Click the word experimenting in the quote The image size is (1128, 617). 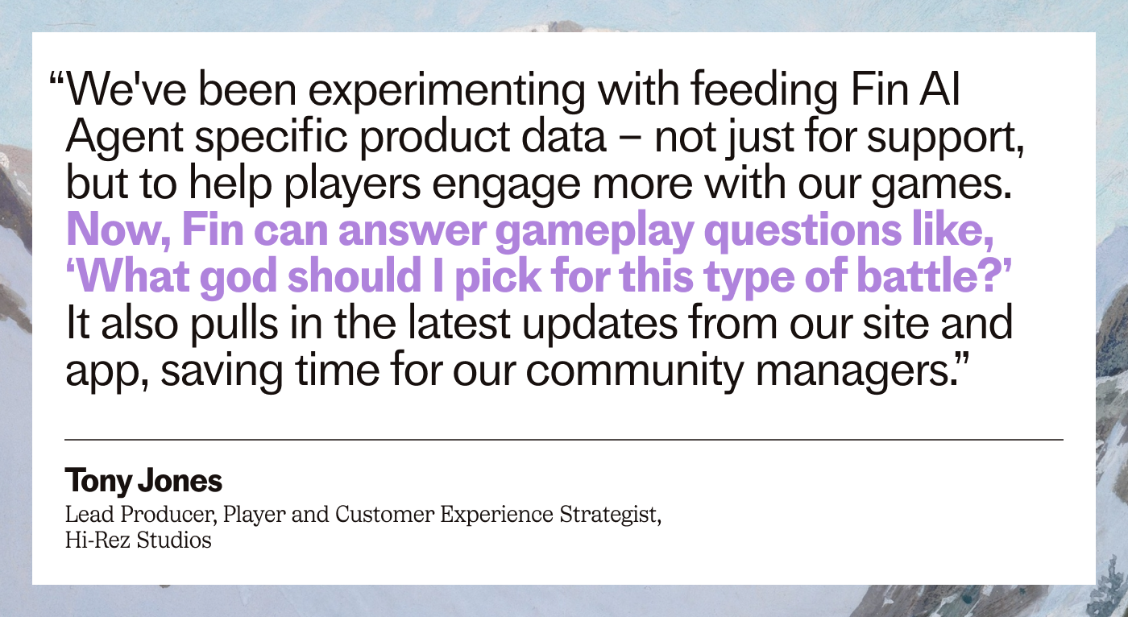point(446,90)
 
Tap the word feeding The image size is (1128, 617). point(764,90)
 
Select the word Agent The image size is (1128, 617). point(124,138)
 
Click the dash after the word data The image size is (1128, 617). point(630,139)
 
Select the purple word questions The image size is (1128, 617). point(802,231)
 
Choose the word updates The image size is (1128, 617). point(599,324)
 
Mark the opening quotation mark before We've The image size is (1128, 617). point(56,78)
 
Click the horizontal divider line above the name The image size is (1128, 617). point(564,440)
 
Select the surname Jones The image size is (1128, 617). point(180,481)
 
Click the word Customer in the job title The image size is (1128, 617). point(384,515)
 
